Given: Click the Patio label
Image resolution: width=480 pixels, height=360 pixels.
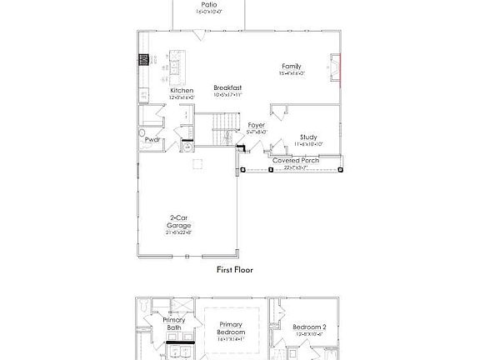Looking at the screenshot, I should tap(209, 4).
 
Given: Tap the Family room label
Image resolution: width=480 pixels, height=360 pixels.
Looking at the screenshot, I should tap(291, 66).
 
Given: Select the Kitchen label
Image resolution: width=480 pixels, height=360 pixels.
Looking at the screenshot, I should tap(182, 90).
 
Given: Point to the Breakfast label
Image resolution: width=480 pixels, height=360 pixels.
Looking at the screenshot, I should tap(227, 87).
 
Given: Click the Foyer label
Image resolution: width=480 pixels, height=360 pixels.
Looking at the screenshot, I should tap(256, 125).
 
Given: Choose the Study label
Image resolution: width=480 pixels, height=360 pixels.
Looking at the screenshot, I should tap(307, 137).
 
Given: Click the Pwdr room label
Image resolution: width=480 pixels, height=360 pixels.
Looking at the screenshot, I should tap(152, 140).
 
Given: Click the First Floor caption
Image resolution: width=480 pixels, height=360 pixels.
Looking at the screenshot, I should tap(234, 269).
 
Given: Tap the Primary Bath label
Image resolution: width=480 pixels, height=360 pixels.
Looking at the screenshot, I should tap(173, 323).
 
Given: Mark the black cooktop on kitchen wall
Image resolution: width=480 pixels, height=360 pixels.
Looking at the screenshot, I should tap(143, 59).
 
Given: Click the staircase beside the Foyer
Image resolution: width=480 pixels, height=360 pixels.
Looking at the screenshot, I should tap(222, 129).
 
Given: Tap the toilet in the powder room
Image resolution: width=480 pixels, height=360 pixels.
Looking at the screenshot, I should tap(142, 132).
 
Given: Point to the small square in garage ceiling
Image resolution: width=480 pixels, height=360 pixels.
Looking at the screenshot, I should tap(198, 164).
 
